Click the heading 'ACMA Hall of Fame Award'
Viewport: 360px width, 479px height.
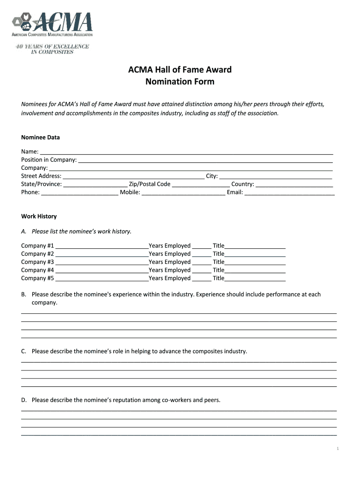[x=180, y=70]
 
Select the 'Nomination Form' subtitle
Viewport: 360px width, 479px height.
[x=180, y=82]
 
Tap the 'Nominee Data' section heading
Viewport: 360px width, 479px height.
[x=40, y=138]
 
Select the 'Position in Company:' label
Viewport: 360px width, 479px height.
[x=49, y=160]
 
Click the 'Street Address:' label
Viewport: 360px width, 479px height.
[x=41, y=176]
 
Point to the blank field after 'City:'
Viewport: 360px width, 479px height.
[x=275, y=176]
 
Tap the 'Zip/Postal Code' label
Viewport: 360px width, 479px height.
[x=150, y=184]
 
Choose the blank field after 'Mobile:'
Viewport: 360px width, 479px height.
[x=183, y=192]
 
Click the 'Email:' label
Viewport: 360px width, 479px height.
[x=235, y=192]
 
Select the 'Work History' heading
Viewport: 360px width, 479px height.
[x=39, y=217]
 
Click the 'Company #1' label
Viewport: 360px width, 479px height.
[x=37, y=246]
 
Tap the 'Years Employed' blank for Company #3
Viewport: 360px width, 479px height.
[x=202, y=262]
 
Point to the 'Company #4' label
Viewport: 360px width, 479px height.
[x=37, y=270]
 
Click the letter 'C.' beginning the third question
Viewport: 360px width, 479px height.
[x=24, y=351]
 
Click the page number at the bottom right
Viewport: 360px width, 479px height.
[x=337, y=449]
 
